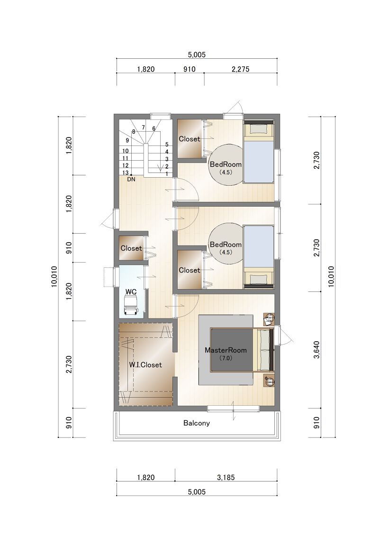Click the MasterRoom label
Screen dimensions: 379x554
coord(226,350)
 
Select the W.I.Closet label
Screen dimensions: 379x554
coord(145,364)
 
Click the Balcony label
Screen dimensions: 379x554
coord(197,423)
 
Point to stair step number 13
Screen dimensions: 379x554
coord(126,173)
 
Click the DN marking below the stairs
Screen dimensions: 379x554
coord(131,179)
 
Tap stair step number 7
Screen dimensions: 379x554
coord(144,127)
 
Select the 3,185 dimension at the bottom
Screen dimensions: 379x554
coord(226,477)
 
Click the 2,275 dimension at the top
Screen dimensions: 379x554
coord(241,69)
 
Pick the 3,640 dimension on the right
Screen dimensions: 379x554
coord(316,350)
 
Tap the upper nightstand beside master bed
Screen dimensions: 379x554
coord(269,319)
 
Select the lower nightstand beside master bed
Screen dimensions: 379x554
coord(269,381)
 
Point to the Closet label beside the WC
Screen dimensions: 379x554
coord(131,248)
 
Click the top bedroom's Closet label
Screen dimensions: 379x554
coord(189,139)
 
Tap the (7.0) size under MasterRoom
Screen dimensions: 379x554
coord(226,358)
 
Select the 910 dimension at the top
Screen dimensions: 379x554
coord(189,69)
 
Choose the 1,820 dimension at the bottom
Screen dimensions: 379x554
coord(146,477)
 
